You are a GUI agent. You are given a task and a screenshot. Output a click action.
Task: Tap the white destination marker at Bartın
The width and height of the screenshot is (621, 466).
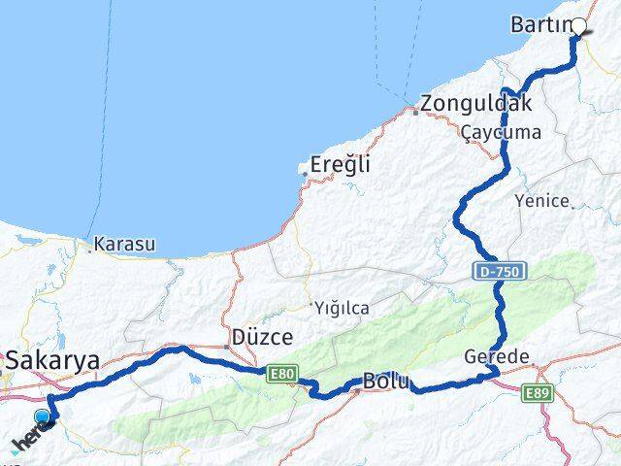click(x=579, y=27)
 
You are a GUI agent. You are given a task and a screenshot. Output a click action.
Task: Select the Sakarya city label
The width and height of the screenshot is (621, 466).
click(x=53, y=361)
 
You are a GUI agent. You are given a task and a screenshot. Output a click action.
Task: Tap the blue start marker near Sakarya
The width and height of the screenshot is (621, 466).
click(x=42, y=418)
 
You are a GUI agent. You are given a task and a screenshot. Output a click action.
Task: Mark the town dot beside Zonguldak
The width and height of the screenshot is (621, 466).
click(x=415, y=112)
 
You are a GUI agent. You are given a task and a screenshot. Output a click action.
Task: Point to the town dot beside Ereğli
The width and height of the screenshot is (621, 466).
click(x=305, y=175)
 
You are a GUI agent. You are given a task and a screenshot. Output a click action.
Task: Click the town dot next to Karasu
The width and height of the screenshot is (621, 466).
click(x=90, y=250)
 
